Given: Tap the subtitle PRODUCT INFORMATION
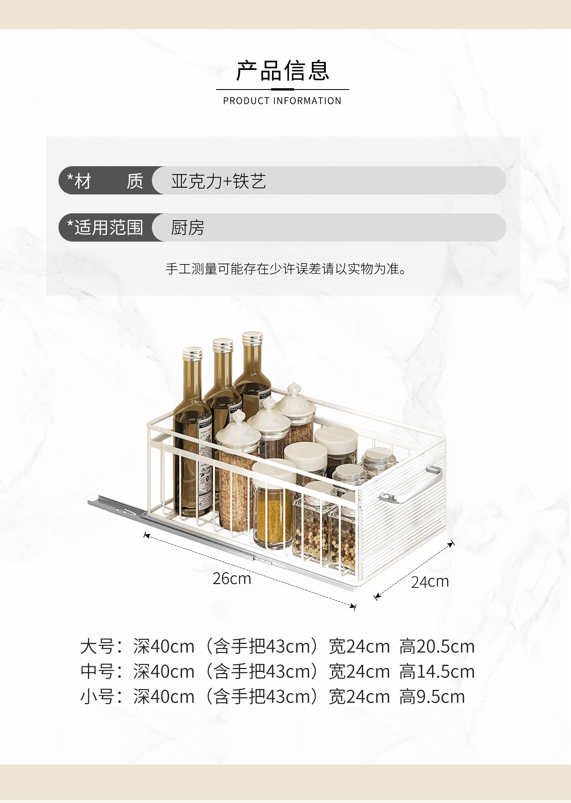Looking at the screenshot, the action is click(282, 101).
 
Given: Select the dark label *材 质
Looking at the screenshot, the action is click(105, 181).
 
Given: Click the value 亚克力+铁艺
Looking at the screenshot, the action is click(218, 181).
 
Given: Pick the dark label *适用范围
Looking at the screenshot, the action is click(105, 228).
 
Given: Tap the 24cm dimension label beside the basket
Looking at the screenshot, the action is click(430, 582).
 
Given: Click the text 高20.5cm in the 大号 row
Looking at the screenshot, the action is click(437, 647).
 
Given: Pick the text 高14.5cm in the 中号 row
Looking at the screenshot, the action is click(437, 672).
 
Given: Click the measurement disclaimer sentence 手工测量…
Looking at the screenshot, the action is click(285, 269).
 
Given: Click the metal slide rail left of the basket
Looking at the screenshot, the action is click(116, 506).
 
